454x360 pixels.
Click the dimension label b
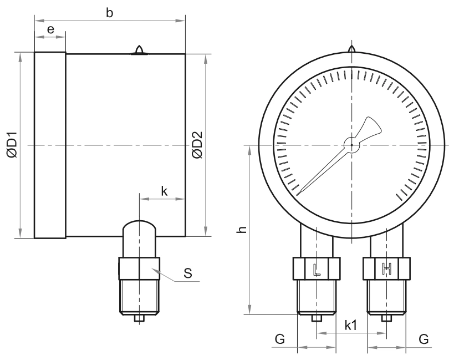(x=109, y=13)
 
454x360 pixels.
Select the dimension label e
(x=50, y=29)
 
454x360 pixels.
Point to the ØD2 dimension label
(x=197, y=145)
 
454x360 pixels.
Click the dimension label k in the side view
(x=164, y=191)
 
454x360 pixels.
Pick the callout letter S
(x=188, y=273)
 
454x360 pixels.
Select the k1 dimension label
(x=351, y=326)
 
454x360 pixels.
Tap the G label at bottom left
(x=280, y=338)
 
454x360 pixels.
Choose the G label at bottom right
(x=424, y=338)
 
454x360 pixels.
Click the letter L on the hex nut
(x=317, y=269)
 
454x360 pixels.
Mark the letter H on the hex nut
(x=386, y=269)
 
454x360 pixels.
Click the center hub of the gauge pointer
(x=352, y=145)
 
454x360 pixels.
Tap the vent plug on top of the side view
(x=139, y=50)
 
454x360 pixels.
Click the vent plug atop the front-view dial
(x=352, y=49)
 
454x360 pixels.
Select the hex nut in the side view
(x=139, y=268)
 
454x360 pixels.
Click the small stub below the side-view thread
(x=139, y=318)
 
